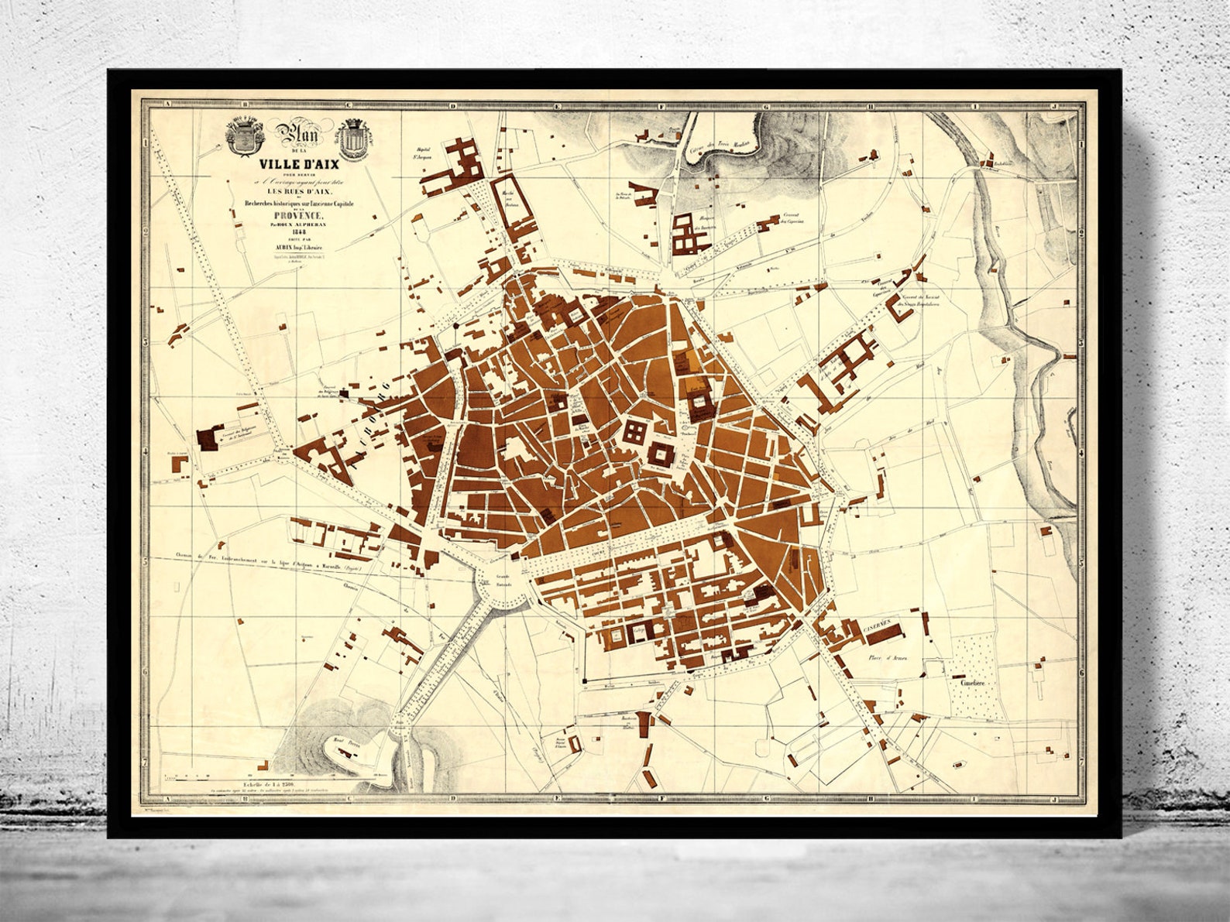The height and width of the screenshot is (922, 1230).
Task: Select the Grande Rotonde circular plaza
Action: pos(503,588)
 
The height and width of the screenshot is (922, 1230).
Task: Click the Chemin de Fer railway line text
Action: pos(256,564)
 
